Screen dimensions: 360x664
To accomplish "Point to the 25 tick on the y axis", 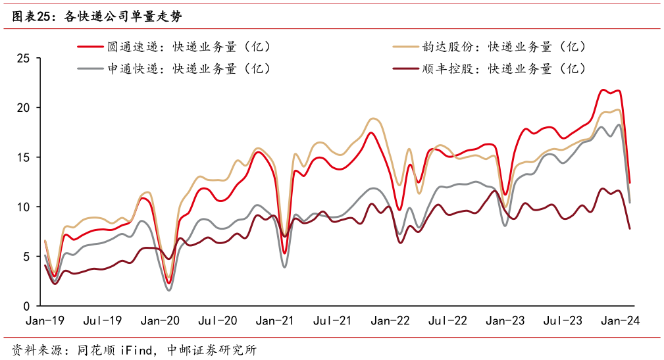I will point(24,59).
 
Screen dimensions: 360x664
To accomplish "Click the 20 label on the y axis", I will point(24,108).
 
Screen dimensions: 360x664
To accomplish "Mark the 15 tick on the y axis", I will point(24,157).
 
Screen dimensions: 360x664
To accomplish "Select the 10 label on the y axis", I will point(24,207).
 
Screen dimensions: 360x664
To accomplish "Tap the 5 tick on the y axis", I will point(26,257).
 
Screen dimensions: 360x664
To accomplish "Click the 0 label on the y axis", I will point(26,306).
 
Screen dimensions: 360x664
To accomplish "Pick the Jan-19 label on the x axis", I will point(44,321).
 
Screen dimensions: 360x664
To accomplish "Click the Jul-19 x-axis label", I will point(103,321).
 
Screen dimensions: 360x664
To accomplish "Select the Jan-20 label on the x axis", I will point(160,321).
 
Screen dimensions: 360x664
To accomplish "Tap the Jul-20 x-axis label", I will point(218,321).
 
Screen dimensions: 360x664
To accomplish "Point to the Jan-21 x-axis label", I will point(275,321).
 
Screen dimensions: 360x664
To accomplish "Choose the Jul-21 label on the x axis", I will point(332,321).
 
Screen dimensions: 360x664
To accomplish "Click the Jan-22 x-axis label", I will point(390,321).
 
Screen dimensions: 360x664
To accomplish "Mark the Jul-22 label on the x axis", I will point(447,321).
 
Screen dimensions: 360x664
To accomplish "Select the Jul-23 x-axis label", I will point(563,321).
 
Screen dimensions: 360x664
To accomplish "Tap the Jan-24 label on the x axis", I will point(620,321).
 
